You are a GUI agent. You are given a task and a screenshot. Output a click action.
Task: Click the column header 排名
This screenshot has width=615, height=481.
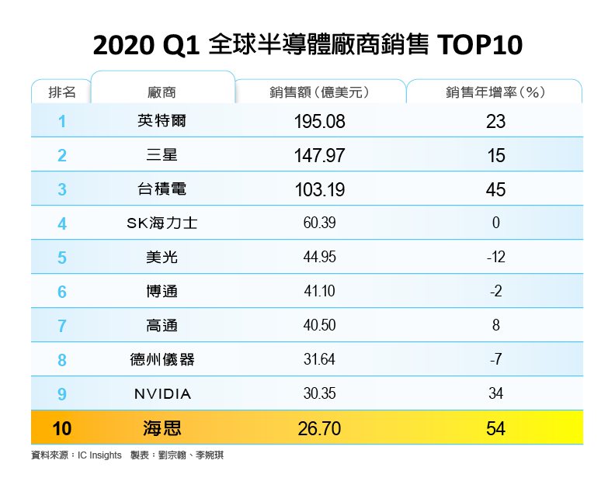[x=61, y=92]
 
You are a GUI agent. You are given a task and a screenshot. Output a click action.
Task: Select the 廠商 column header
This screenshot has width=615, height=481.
[x=162, y=92]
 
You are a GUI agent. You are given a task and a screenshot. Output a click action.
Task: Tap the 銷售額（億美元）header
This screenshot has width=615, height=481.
[x=319, y=92]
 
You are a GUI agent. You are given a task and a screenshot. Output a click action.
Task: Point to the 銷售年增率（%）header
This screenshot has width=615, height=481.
[x=495, y=92]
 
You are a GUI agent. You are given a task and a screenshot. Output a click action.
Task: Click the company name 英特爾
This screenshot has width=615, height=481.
[x=162, y=121]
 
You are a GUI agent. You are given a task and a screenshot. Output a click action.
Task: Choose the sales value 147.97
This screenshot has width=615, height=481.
[x=319, y=155]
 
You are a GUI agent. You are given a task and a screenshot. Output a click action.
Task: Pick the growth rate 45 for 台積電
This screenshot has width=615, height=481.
[x=495, y=189]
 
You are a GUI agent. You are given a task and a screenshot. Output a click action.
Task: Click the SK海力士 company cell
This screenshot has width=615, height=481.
[x=162, y=223]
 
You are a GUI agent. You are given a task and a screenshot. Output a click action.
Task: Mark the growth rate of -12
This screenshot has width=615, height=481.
[x=495, y=258]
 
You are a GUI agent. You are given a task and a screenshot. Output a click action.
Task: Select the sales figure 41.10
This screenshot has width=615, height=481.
[x=319, y=292]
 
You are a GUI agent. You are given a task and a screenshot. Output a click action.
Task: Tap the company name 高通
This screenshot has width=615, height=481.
[x=162, y=326]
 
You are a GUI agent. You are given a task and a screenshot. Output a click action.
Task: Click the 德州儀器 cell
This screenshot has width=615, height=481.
[x=162, y=360]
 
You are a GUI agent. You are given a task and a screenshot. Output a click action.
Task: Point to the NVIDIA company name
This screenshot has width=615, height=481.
[x=162, y=394]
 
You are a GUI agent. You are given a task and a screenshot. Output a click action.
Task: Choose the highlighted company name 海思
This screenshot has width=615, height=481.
[x=162, y=428]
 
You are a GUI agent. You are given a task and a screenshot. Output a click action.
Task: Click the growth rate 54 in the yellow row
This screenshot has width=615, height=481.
[x=495, y=428]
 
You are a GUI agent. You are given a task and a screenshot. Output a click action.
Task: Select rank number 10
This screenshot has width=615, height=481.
[x=62, y=428]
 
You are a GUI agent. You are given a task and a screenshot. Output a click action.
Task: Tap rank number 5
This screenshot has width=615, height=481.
[x=62, y=258]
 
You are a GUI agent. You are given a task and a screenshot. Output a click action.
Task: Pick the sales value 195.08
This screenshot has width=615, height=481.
[x=319, y=121]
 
